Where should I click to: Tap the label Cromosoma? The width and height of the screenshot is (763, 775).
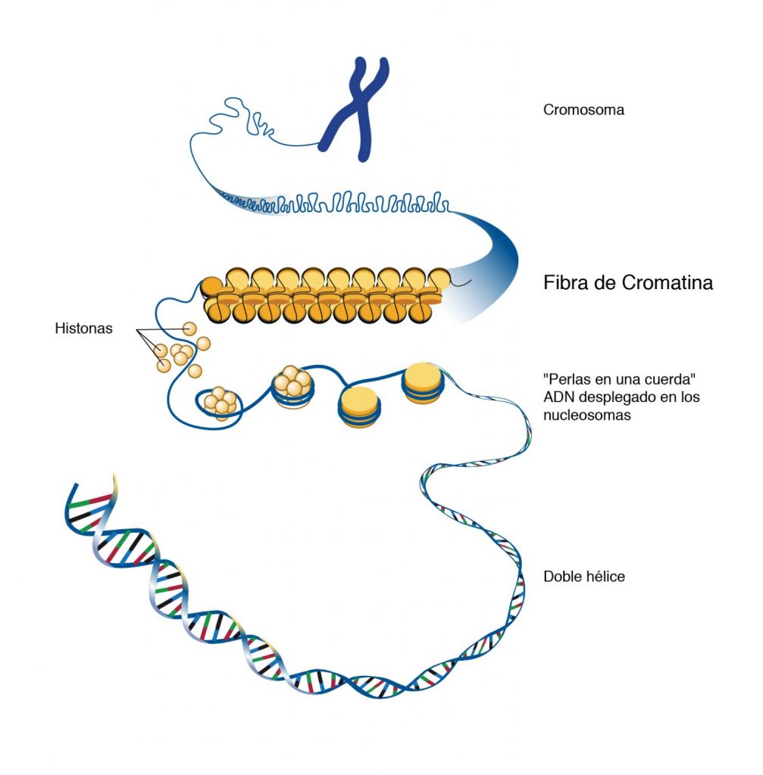[x=583, y=110]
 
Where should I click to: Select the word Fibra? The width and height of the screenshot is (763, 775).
[x=567, y=283]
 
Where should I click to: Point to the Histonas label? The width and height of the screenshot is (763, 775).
[x=83, y=329]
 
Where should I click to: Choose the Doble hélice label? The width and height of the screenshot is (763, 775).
[x=584, y=577]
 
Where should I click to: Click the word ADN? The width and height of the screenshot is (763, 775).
[x=558, y=397]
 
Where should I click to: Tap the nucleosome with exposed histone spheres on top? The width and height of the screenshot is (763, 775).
[x=292, y=384]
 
